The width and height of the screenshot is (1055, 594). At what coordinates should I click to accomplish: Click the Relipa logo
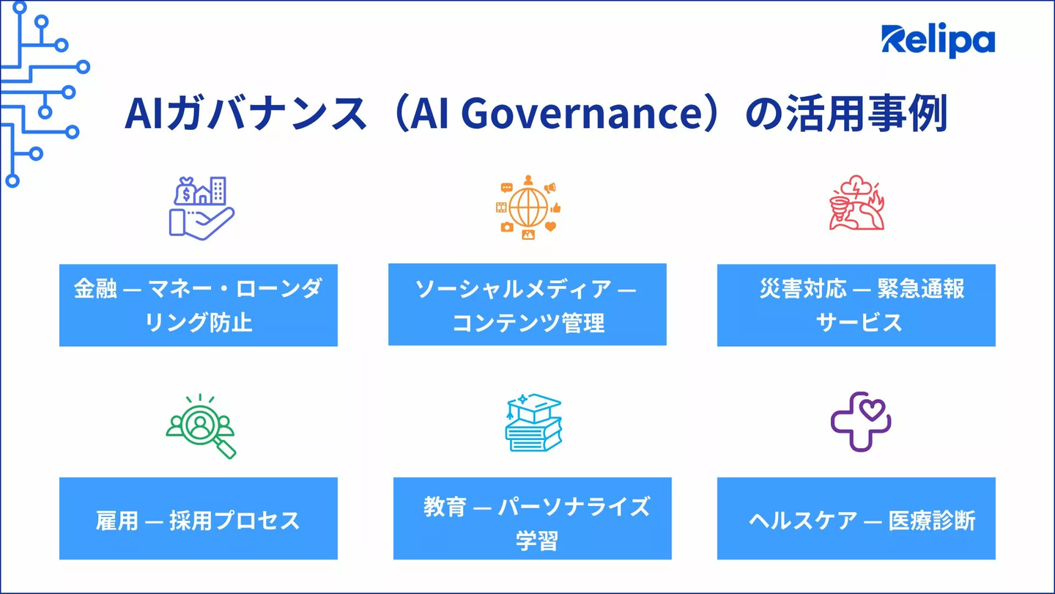pos(939,40)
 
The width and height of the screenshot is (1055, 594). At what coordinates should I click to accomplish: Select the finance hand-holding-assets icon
pos(201,208)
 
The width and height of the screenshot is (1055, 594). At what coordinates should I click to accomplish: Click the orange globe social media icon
pos(528,208)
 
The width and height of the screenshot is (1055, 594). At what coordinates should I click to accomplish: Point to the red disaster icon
pos(856,202)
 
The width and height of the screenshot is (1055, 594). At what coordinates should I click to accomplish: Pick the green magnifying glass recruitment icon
pos(201,426)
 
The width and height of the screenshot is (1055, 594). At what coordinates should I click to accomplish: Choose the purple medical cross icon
pos(861,422)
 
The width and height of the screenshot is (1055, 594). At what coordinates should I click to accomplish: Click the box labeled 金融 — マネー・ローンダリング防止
pos(199,306)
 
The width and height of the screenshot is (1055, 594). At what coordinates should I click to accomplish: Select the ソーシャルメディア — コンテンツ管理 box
pos(527,304)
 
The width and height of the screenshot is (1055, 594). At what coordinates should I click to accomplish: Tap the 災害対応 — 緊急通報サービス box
pos(856,306)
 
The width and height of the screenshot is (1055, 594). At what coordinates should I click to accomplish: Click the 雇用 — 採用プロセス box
pos(199,518)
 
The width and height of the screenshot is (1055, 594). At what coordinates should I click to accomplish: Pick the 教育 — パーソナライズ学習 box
pos(532,518)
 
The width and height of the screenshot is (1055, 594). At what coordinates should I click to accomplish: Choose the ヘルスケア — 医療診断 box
pos(856,518)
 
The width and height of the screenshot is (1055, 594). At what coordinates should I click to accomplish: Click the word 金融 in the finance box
pos(95,288)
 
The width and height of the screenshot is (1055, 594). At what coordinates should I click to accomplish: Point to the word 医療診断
pos(932,521)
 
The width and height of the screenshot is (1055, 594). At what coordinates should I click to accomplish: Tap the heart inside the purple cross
pos(873,409)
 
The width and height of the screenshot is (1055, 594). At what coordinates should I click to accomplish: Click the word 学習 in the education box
pos(537,540)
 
